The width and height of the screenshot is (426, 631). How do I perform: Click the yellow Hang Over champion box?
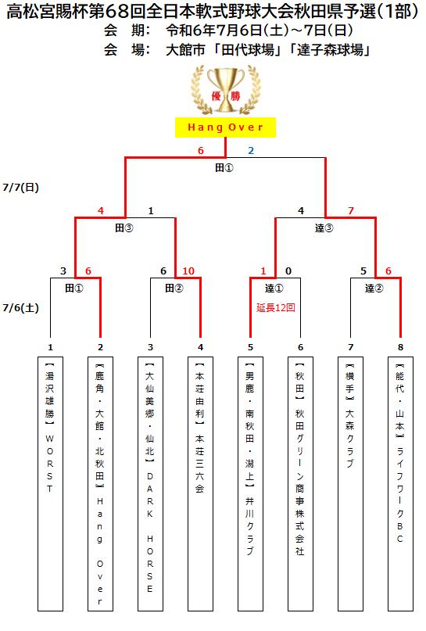225,127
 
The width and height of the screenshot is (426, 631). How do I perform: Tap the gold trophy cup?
226,90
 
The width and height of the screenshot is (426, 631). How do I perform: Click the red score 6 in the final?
201,150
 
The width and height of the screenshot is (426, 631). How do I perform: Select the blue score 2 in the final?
251,150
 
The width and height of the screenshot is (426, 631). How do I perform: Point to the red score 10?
188,271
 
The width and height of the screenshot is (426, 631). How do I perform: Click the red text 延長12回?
276,308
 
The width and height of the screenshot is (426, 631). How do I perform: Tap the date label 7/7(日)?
20,188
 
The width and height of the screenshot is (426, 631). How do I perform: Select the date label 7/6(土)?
20,308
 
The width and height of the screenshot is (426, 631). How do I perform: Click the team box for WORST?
50,484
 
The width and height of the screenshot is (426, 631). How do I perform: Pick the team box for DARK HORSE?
150,484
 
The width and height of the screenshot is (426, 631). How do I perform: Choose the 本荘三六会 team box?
200,484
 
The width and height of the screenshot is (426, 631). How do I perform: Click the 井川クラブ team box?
250,484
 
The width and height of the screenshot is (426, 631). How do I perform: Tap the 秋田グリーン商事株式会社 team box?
300,484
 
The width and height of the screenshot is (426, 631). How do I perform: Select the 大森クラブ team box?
350,484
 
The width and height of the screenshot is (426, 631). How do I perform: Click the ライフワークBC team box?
400,484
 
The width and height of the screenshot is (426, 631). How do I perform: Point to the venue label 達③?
324,228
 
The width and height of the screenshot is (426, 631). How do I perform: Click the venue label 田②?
174,289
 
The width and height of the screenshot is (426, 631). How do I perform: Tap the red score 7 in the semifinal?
351,210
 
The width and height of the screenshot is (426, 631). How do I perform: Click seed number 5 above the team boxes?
250,347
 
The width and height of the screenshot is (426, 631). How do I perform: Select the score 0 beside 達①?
288,271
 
